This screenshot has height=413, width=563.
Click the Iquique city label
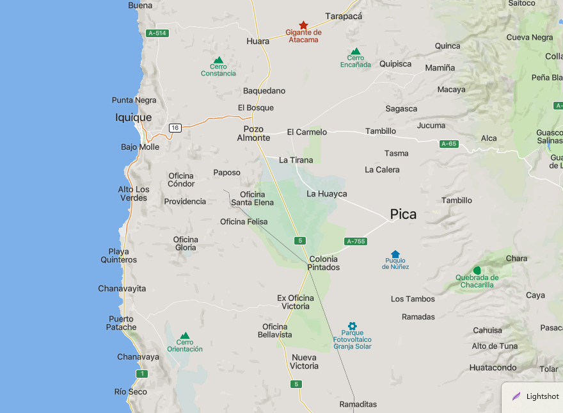coord(134,118)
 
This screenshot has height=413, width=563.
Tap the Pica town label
coord(403,215)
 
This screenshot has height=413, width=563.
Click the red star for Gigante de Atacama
coord(303,25)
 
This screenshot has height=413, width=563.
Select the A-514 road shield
coord(157,33)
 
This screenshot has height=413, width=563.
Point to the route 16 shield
coord(175,128)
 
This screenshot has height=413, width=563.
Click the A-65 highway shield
coord(449,144)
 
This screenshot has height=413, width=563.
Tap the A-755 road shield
coord(355,241)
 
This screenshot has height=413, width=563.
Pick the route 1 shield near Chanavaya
coord(141,373)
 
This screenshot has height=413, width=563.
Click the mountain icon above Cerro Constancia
coord(218,60)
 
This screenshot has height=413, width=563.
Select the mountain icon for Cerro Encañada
coord(356,51)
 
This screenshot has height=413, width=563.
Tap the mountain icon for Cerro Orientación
coord(185,336)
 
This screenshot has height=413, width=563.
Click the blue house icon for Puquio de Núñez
coord(395,254)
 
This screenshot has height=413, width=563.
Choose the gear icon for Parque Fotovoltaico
coord(352,326)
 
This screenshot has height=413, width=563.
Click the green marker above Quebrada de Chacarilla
coord(477,270)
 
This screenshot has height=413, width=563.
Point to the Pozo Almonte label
coord(253,133)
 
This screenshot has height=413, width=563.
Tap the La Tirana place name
coord(296,160)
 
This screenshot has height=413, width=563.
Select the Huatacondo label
coord(493,368)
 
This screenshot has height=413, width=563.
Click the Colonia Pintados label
coord(323,263)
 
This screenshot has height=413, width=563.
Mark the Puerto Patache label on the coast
coord(122,323)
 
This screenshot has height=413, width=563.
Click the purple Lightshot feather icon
coord(516,396)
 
